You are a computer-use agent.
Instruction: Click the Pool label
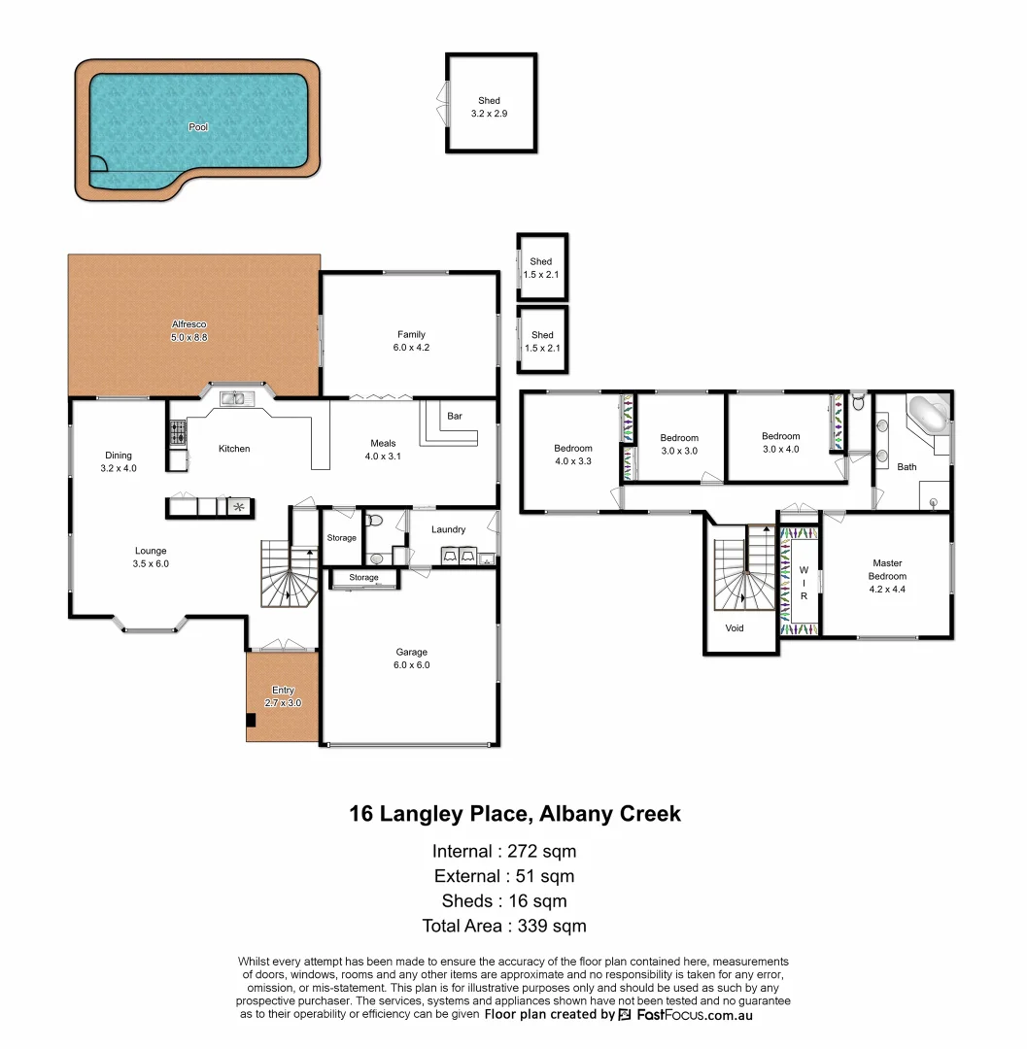point(198,127)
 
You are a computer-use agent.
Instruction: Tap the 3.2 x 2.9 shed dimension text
point(489,114)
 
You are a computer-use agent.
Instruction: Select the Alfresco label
point(189,324)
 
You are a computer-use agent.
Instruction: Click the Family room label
point(411,334)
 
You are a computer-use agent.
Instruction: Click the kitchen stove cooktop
point(177,432)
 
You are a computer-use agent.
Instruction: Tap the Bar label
point(455,416)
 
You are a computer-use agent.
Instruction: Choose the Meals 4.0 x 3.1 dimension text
point(383,457)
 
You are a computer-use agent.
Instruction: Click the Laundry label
point(448,529)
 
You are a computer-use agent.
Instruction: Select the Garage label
point(411,653)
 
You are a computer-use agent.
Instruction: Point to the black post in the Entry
point(251,720)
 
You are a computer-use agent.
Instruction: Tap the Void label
point(735,628)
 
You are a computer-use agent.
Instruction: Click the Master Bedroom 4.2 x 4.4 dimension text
point(887,590)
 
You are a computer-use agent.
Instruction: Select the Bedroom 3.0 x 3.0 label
point(679,438)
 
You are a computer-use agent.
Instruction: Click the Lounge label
point(151,552)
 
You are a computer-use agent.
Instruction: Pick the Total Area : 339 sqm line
point(504,926)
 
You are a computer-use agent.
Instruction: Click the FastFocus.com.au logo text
point(695,1016)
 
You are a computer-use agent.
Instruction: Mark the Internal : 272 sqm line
point(504,852)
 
